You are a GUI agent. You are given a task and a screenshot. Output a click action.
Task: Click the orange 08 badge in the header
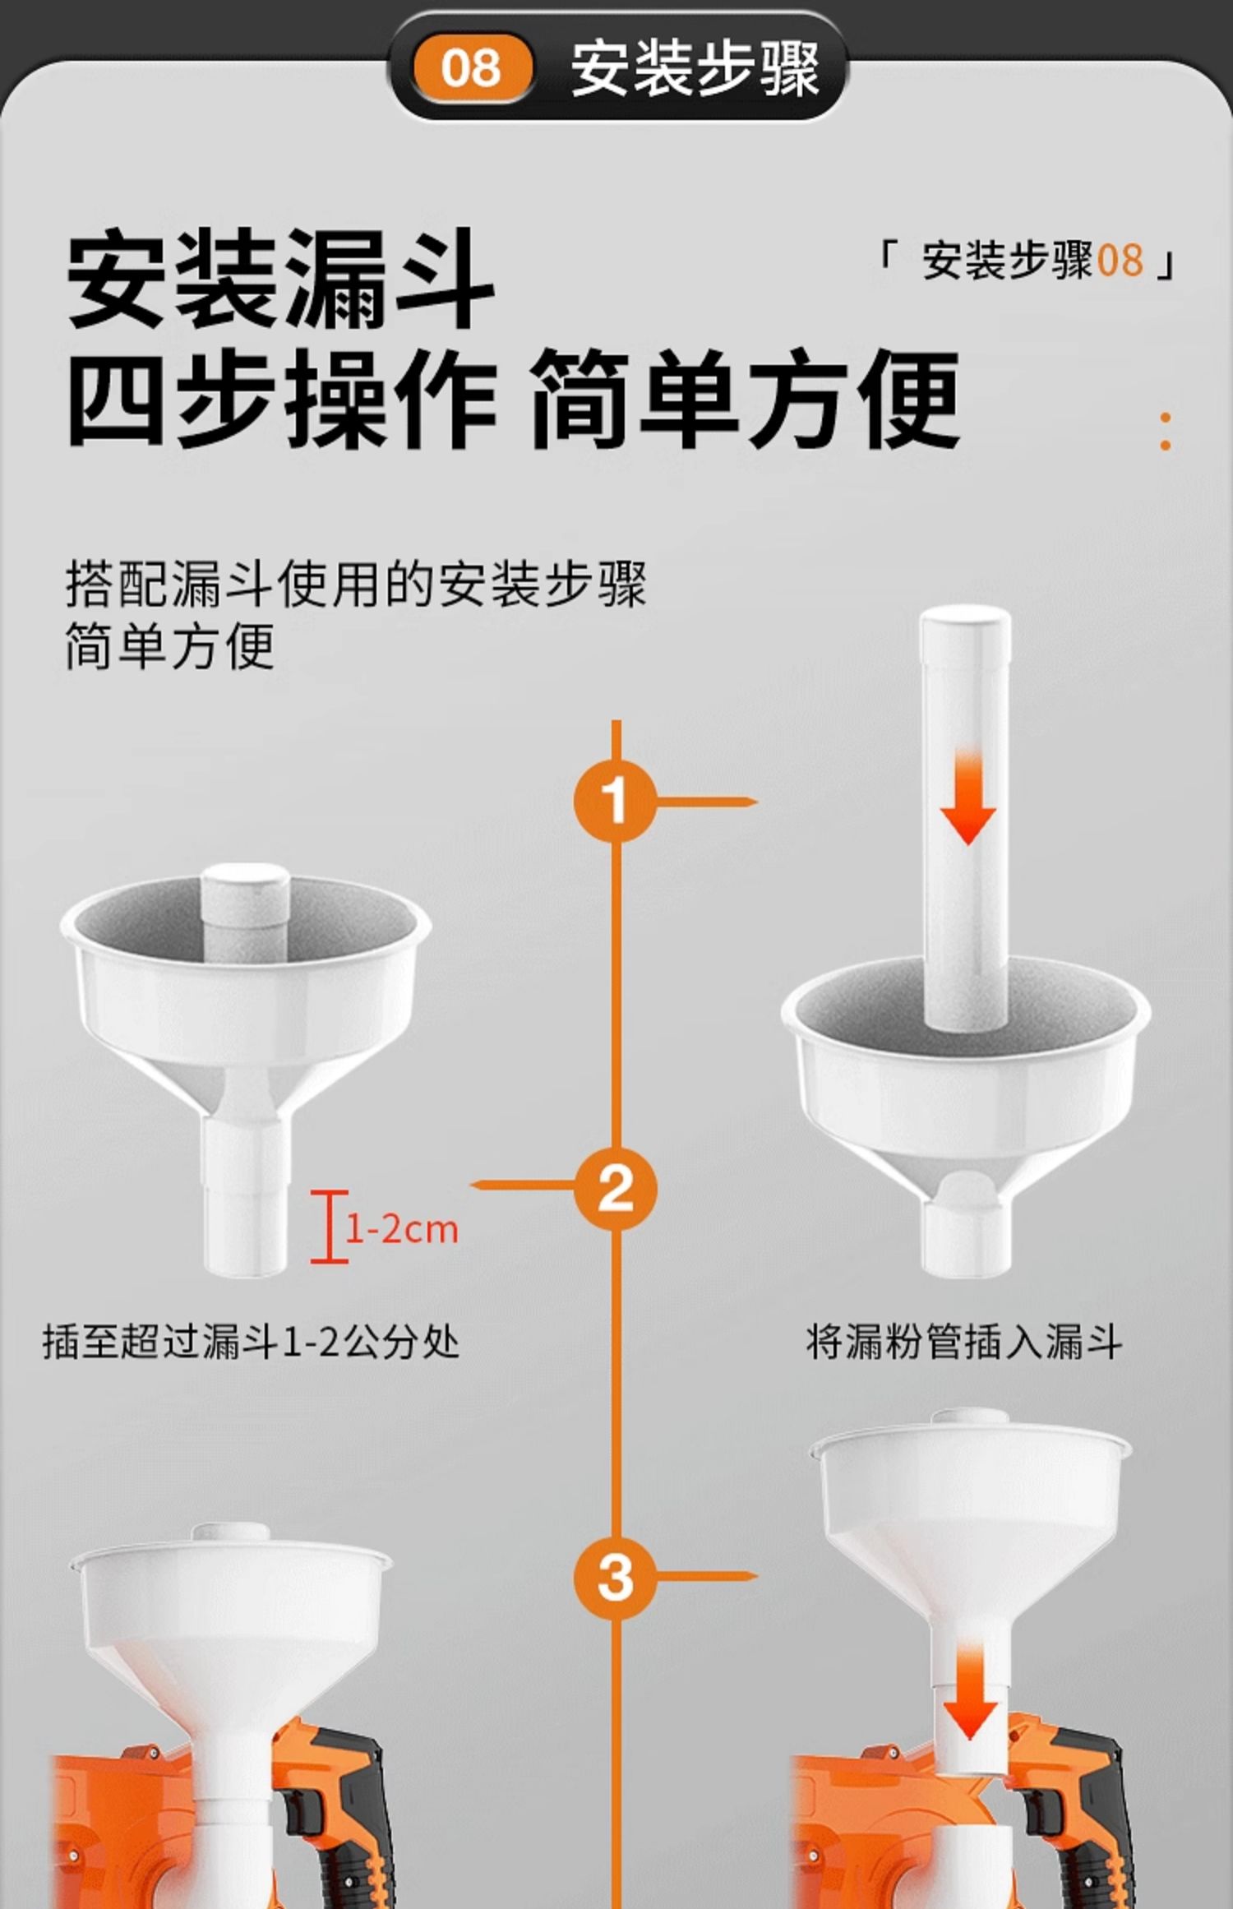[x=471, y=67]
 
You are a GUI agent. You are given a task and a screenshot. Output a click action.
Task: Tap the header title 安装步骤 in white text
[x=695, y=68]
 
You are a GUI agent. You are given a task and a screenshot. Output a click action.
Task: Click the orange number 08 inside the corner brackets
[x=1120, y=260]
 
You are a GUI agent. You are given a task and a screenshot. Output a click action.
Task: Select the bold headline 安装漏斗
[x=280, y=279]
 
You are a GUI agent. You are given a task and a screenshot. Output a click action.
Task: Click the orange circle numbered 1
[x=615, y=800]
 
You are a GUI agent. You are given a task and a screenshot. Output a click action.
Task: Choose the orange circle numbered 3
[x=615, y=1578]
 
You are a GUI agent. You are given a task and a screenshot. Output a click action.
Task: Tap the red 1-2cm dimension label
[x=401, y=1229]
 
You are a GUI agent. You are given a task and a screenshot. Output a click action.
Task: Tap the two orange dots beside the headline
[x=1165, y=432]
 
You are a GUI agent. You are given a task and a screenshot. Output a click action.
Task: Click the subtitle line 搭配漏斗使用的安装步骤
[x=356, y=584]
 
